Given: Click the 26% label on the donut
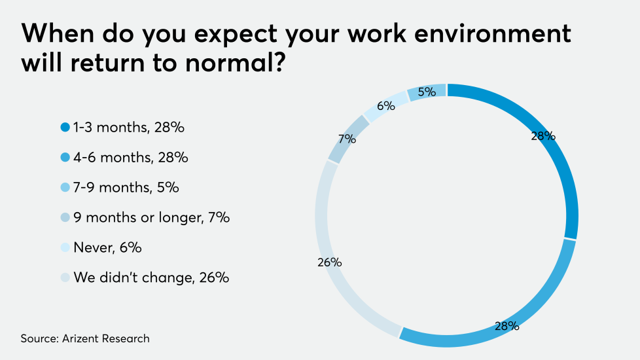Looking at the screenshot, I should click(x=330, y=262).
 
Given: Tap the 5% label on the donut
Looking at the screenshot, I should click(x=427, y=92).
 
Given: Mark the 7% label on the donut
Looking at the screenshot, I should click(x=347, y=139).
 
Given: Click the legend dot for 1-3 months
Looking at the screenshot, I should click(x=65, y=128).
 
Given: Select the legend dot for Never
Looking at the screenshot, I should click(x=65, y=248).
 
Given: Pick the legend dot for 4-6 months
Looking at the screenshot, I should click(x=65, y=158).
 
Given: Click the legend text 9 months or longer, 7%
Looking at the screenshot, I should click(x=151, y=218).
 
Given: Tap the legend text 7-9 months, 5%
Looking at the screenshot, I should click(x=126, y=188).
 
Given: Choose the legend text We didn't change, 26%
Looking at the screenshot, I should click(x=151, y=278).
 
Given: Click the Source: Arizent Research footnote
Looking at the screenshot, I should click(x=85, y=338).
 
